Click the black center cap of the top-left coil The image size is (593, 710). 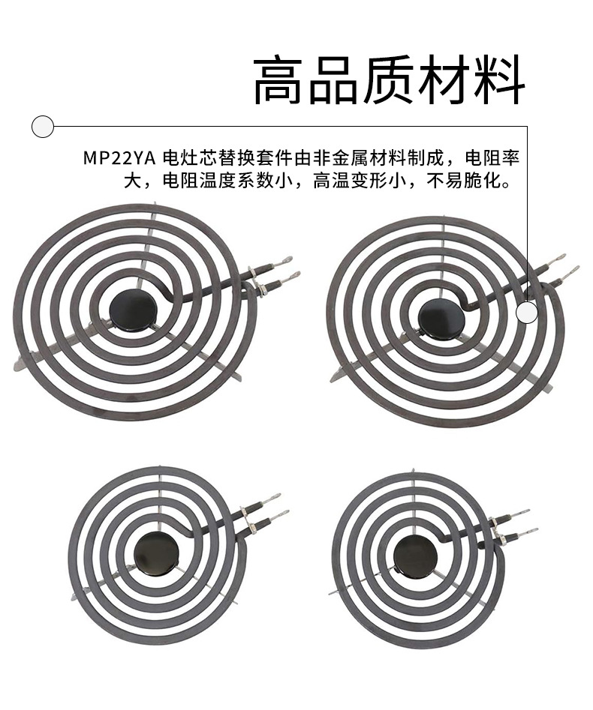(126, 307)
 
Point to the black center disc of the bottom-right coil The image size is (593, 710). (414, 556)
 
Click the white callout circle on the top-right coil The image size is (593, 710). (527, 312)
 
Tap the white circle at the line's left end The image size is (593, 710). (43, 126)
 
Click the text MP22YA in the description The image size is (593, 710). (113, 159)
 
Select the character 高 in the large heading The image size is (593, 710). (279, 81)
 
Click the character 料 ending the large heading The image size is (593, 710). (498, 81)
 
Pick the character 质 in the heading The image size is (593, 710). (389, 81)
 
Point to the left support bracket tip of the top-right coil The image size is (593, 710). (336, 374)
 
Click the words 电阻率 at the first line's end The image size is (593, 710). (492, 159)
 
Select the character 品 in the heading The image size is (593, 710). (333, 81)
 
